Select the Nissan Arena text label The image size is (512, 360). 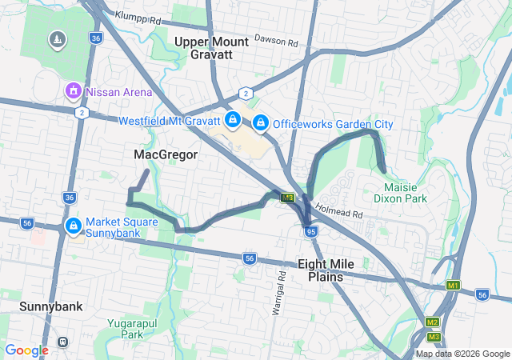pyautogui.click(x=119, y=92)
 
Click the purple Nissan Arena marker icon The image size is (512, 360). pyautogui.click(x=74, y=91)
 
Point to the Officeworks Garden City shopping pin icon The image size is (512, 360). pyautogui.click(x=260, y=122)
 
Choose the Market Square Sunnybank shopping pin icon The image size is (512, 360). pyautogui.click(x=73, y=226)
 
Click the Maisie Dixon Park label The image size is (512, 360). pyautogui.click(x=400, y=193)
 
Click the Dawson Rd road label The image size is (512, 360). pyautogui.click(x=276, y=38)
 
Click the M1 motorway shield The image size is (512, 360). pyautogui.click(x=454, y=286)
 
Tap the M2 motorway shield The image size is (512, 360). pyautogui.click(x=432, y=322)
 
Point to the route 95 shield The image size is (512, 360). pyautogui.click(x=311, y=232)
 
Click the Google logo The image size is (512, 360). pyautogui.click(x=26, y=350)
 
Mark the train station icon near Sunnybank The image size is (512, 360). pyautogui.click(x=62, y=342)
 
